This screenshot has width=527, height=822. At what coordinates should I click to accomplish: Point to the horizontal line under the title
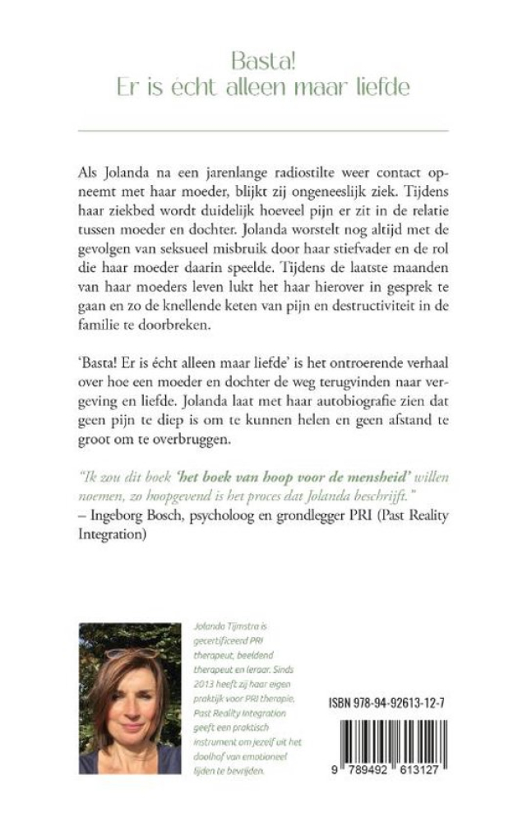pyautogui.click(x=263, y=131)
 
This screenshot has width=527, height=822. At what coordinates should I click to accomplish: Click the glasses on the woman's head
pyautogui.click(x=129, y=656)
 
